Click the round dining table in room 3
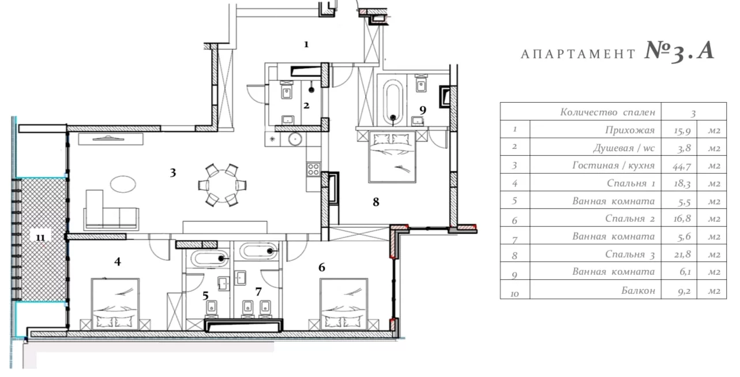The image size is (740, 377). click(x=222, y=185)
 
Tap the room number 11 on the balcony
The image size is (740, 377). click(x=40, y=237)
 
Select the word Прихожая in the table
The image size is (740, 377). click(x=630, y=130)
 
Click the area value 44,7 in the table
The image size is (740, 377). click(x=682, y=166)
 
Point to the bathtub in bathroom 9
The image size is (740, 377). click(x=392, y=100)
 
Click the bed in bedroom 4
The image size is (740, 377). click(x=115, y=304)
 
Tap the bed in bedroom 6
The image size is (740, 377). click(x=344, y=304)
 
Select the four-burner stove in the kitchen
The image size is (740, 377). click(x=313, y=169)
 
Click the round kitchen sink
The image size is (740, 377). click(x=295, y=139)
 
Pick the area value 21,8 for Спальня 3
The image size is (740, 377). click(x=682, y=254)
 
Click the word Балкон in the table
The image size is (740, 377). click(x=638, y=290)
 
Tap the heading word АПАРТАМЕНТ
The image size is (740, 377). click(x=578, y=54)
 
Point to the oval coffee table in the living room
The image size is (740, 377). click(x=123, y=184)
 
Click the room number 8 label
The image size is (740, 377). click(x=376, y=201)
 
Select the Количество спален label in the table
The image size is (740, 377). click(x=607, y=112)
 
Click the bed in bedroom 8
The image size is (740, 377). click(x=392, y=156)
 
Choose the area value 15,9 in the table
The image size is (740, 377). click(x=682, y=130)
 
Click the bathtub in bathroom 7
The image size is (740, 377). click(x=258, y=251)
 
